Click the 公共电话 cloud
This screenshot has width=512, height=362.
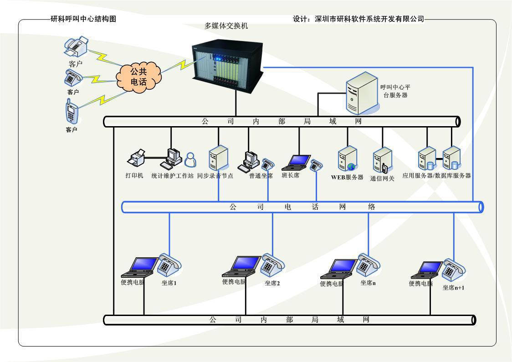[138, 77]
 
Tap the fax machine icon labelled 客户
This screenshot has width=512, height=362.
[76, 46]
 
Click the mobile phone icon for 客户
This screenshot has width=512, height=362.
[71, 113]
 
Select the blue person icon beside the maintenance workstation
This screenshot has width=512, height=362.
[190, 159]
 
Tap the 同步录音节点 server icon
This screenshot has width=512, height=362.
[218, 158]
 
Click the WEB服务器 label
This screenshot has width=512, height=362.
[347, 178]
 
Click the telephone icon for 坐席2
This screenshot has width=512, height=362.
[271, 264]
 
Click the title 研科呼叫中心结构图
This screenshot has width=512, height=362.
[83, 19]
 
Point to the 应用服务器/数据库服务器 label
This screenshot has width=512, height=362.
[436, 175]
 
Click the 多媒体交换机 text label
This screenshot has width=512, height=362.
[226, 26]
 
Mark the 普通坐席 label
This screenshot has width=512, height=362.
[261, 176]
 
